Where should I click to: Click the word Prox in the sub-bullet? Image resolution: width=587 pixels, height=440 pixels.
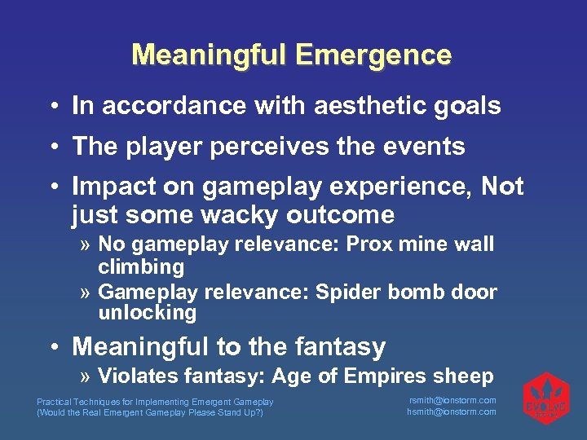(375, 244)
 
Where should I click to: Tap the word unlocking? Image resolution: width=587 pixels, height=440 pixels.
(148, 312)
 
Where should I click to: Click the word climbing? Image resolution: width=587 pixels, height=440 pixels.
(141, 266)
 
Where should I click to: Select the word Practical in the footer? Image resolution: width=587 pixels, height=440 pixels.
(55, 402)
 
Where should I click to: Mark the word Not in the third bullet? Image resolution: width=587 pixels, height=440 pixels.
(502, 187)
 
